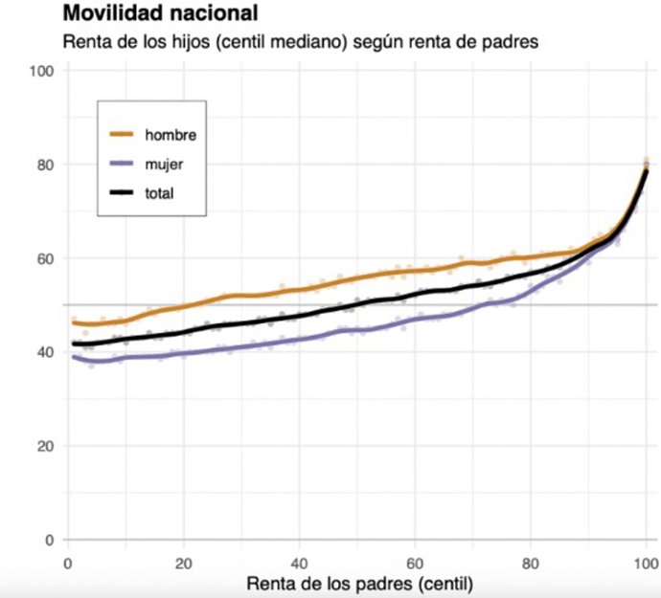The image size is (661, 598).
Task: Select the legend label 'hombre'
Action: coord(170,135)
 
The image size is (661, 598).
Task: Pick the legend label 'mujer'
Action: coord(164,165)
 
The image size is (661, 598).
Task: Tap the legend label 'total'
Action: coord(161,194)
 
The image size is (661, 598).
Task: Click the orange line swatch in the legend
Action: coord(123,135)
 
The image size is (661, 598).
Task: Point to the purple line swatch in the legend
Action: coord(123,165)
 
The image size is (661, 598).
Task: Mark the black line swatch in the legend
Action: coord(123,194)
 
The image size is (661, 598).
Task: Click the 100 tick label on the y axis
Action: coord(42,71)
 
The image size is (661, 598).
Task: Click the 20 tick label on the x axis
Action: coord(183,562)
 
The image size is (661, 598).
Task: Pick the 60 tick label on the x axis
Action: coord(415,562)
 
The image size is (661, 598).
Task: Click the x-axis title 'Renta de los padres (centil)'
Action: coord(356,583)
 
